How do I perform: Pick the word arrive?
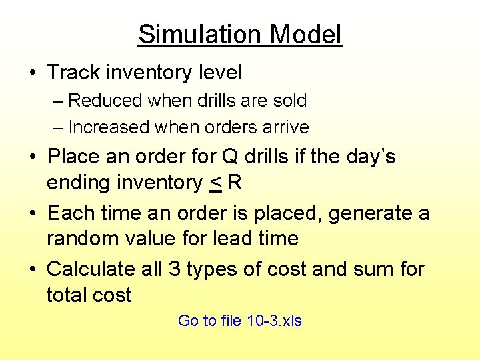(x=287, y=127)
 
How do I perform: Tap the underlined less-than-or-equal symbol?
(x=215, y=183)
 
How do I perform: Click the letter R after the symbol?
(x=234, y=183)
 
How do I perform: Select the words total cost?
(x=89, y=295)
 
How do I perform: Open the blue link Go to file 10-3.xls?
(x=239, y=321)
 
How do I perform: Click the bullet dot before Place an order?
(x=33, y=157)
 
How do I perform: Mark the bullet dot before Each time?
(x=33, y=214)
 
